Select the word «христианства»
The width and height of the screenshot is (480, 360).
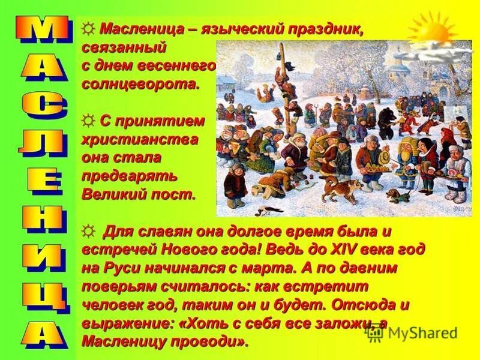141,139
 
